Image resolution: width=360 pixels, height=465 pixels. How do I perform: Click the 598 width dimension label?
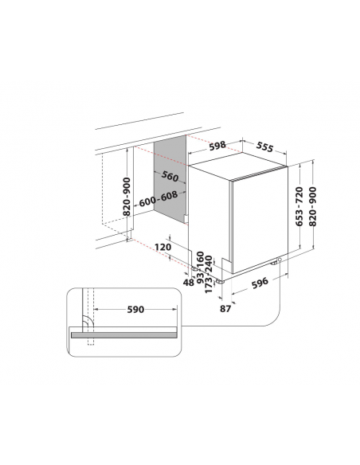(x=217, y=146)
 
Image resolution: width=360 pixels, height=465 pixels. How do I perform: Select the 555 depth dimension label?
(x=264, y=147)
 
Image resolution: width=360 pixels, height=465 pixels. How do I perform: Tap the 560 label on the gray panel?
(x=170, y=176)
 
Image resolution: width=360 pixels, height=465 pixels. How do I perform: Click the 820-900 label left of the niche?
(x=127, y=197)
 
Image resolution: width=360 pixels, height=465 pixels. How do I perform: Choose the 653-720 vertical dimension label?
(x=299, y=206)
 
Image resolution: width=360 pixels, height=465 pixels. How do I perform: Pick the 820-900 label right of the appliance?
(x=313, y=206)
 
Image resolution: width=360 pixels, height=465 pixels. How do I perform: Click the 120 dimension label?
(x=163, y=247)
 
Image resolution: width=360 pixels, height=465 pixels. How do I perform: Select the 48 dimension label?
(x=188, y=283)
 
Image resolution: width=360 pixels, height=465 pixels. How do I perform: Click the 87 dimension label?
(x=225, y=309)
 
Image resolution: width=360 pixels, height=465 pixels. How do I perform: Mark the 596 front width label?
(x=260, y=283)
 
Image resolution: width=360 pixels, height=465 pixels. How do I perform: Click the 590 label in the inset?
(x=135, y=310)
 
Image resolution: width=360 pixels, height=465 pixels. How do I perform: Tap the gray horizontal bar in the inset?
(x=124, y=335)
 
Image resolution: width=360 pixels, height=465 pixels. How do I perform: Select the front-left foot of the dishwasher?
(x=221, y=281)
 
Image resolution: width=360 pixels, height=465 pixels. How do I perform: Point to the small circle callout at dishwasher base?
(x=280, y=260)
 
